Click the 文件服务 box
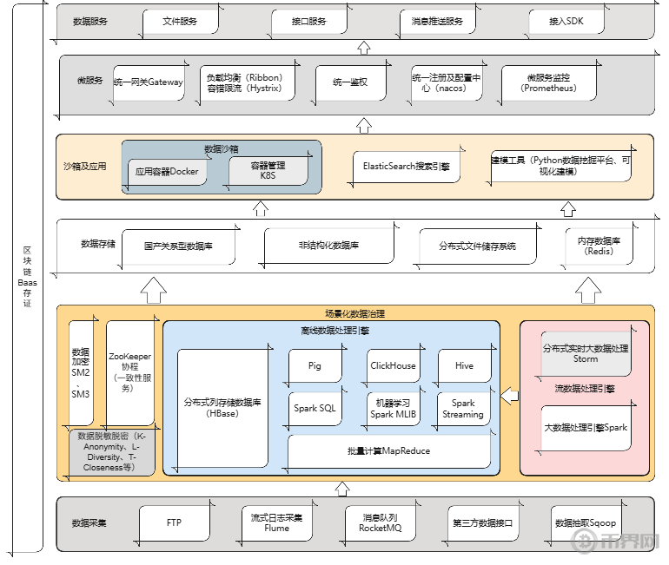click(180, 22)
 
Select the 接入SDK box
click(566, 22)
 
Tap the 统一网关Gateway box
click(148, 82)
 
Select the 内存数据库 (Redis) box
click(599, 246)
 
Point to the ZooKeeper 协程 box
click(130, 373)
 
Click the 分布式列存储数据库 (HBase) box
click(222, 408)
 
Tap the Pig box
click(315, 366)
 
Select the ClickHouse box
click(393, 366)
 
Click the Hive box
click(465, 366)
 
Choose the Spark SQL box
click(315, 408)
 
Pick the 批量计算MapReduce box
click(388, 451)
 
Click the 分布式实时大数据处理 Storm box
click(586, 353)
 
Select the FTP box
click(174, 523)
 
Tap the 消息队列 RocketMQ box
click(379, 523)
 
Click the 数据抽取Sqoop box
click(586, 523)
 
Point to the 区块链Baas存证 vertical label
click(27, 278)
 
